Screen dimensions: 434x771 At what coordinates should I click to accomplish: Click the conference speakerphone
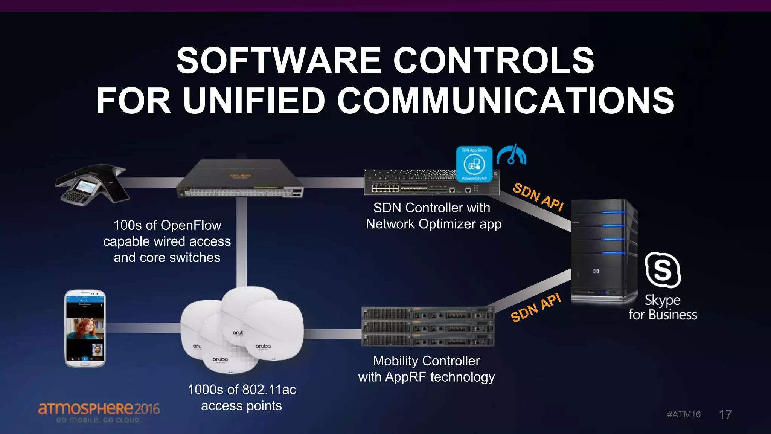pos(92,184)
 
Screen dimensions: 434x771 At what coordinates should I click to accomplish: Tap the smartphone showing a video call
pos(85,328)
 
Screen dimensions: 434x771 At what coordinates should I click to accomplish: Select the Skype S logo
pos(663,270)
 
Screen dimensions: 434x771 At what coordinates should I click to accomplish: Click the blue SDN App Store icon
pos(474,164)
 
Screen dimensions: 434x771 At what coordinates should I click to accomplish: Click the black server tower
pos(603,251)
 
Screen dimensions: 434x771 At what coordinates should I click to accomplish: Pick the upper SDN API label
pos(538,197)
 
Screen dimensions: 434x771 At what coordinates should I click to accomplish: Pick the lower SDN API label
pos(536,308)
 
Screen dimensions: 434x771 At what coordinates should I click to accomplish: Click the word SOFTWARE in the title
pos(279,61)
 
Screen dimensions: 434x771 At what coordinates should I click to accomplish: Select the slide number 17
pos(725,414)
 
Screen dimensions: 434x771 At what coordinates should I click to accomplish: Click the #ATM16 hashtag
pos(684,414)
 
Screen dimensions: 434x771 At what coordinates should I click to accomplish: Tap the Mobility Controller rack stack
pos(427,326)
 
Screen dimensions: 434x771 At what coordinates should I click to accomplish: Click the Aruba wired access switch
pos(240,179)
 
